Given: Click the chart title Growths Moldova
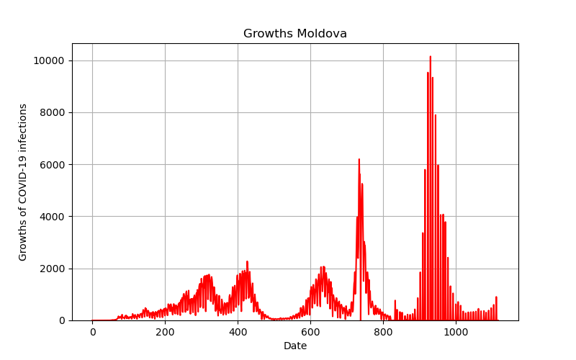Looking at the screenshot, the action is (295, 33).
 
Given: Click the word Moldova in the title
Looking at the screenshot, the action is (322, 33).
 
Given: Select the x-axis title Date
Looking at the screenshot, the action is (295, 346).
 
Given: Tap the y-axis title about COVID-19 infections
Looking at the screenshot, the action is (23, 182).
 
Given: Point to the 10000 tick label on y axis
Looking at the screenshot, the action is (49, 60).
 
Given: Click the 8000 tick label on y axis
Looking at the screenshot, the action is (52, 113).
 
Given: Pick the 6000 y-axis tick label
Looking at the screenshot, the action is (52, 165).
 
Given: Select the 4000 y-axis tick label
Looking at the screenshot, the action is (52, 217).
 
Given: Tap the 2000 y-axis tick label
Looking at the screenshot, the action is (52, 269).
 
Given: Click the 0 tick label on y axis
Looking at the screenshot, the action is (62, 320).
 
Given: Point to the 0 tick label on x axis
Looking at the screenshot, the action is (93, 333).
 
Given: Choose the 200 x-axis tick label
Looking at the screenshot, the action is (165, 333).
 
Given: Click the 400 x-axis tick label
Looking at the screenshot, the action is (238, 333).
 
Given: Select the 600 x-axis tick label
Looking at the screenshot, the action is (310, 333).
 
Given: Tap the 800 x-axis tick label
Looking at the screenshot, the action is (383, 333).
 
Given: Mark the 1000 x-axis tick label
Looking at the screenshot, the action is (456, 333).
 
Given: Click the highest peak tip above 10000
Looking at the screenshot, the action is (430, 57).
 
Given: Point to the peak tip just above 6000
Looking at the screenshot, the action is (359, 159).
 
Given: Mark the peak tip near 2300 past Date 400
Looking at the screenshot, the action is (247, 261).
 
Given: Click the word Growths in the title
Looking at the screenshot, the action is (269, 33).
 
